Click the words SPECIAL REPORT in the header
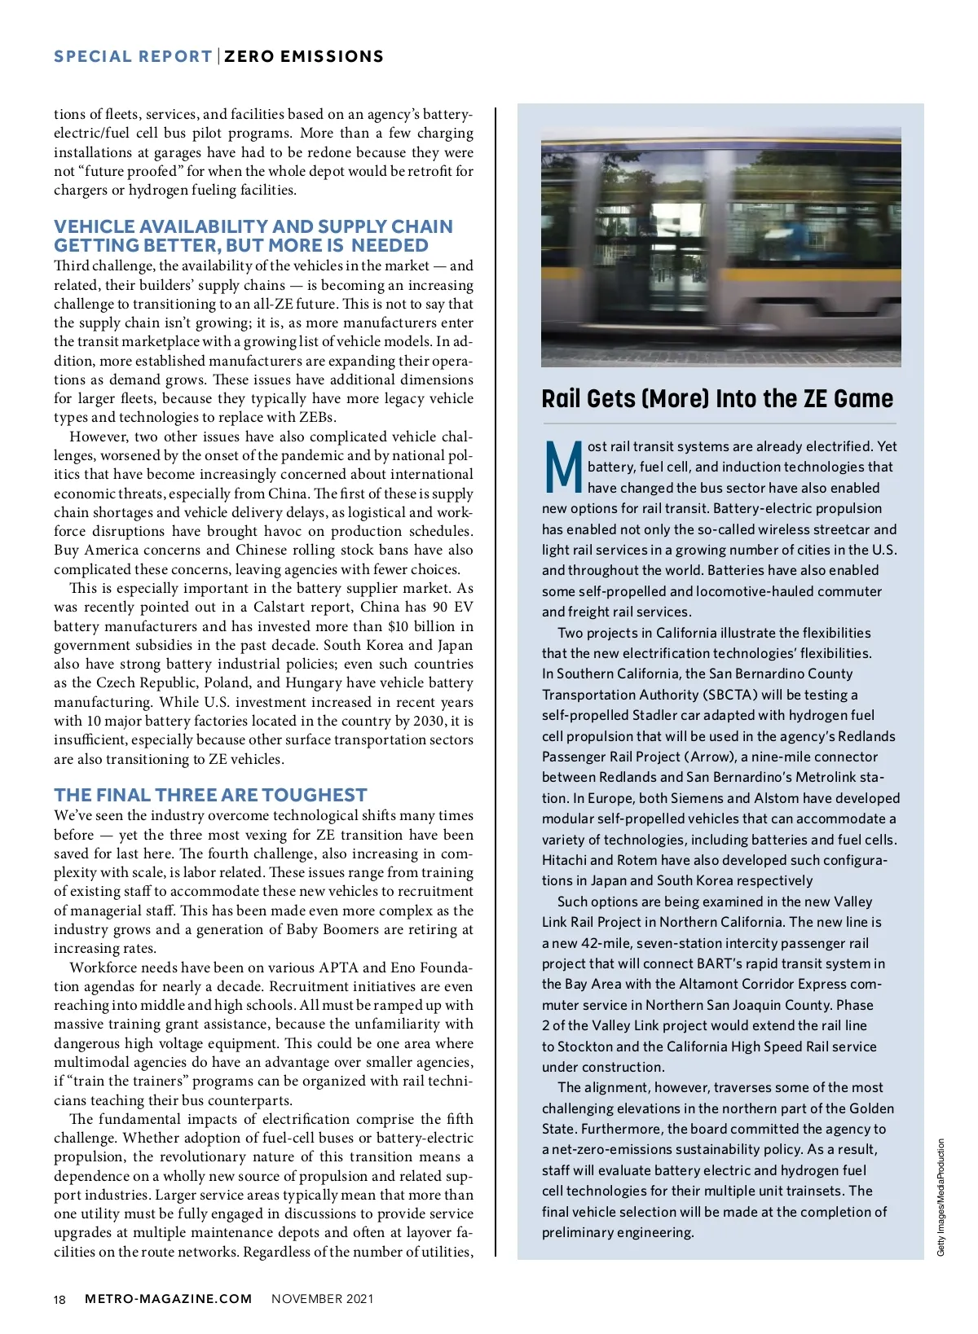tap(133, 57)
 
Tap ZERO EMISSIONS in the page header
tap(304, 57)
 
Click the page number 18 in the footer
tap(59, 1299)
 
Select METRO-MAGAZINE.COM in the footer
tap(169, 1299)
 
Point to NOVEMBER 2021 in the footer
tap(323, 1299)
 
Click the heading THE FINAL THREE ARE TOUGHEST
tap(210, 795)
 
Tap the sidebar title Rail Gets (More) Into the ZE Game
tap(717, 399)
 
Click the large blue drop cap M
tap(562, 467)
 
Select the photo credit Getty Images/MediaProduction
tap(941, 1197)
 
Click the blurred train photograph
tap(720, 247)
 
